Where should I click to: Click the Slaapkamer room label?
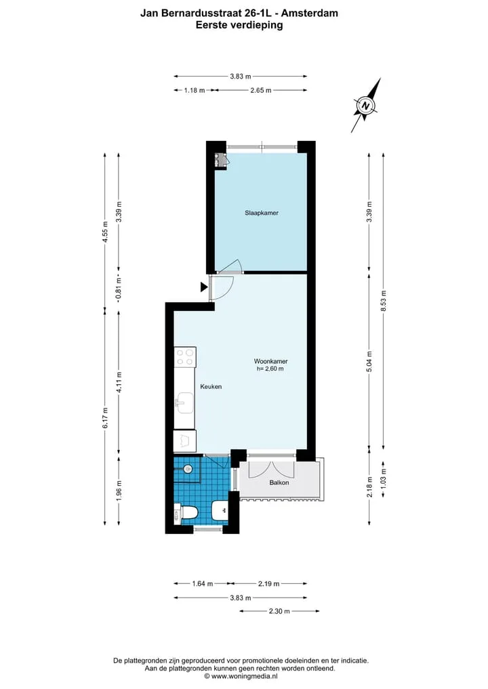tap(262, 213)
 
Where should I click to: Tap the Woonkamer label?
tap(271, 361)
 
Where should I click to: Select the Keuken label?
tap(211, 387)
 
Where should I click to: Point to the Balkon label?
tap(279, 482)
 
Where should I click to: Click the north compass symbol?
tap(366, 106)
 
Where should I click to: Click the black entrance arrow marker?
tap(204, 287)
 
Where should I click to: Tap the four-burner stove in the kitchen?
tap(184, 356)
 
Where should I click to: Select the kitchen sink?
tap(184, 403)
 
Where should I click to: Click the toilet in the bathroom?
tap(186, 513)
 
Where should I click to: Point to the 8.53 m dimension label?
tap(384, 301)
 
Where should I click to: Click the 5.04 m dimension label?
tap(369, 361)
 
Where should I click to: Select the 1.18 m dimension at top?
tap(195, 91)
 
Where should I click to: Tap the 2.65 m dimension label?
tap(261, 91)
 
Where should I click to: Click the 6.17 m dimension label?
tap(105, 418)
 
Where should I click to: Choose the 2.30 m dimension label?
tap(279, 611)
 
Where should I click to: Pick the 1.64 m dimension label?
tap(202, 584)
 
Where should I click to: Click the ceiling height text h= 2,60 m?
tap(270, 369)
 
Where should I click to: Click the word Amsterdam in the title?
tap(310, 13)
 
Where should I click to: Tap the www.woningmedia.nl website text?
tap(244, 677)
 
